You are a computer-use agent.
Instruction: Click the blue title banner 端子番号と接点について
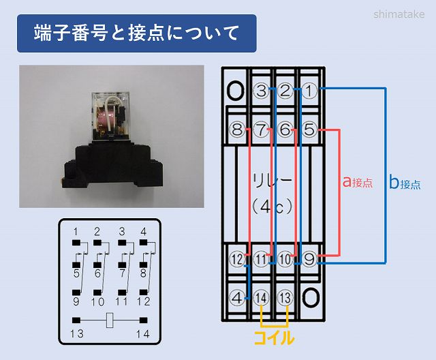coord(136,33)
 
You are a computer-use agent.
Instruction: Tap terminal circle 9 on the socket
coord(310,259)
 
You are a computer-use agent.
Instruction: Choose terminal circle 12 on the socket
coord(236,259)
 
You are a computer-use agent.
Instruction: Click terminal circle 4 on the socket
coord(236,297)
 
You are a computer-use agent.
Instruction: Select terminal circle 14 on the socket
coord(261,297)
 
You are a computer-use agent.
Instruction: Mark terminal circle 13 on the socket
coord(285,297)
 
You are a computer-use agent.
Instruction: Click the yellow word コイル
coord(274,337)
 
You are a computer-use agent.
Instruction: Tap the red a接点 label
coord(357,183)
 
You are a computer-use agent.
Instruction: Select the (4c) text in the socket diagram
coord(272,205)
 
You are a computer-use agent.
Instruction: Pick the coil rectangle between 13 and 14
coord(109,319)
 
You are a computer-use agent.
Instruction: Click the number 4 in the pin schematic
coord(143,231)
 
